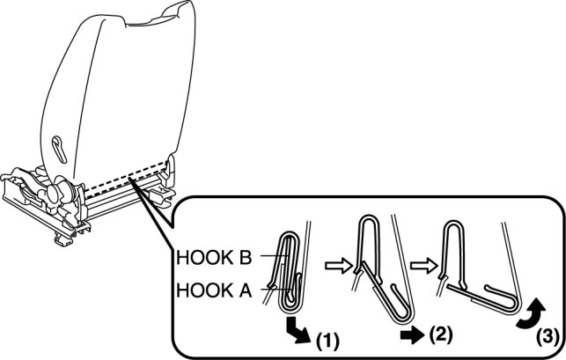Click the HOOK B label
tap(215, 259)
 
